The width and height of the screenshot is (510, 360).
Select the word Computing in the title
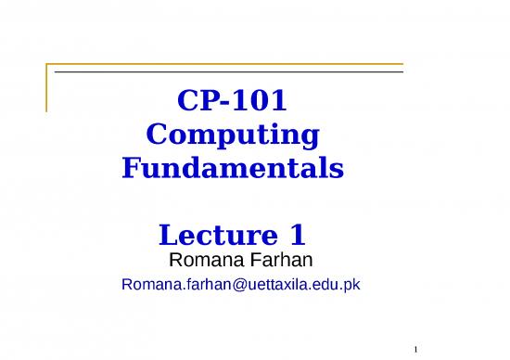click(x=233, y=135)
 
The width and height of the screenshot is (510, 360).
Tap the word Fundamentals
click(x=233, y=170)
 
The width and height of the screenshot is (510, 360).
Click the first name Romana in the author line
click(x=202, y=257)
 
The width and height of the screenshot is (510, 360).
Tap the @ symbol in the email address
click(x=232, y=285)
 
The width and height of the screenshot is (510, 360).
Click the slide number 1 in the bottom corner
click(x=418, y=349)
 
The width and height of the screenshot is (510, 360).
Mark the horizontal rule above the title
click(x=227, y=71)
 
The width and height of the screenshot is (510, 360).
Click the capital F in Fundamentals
click(x=132, y=170)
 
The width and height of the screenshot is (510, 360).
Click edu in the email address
click(x=320, y=285)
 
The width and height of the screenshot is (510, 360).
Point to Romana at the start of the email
click(x=147, y=285)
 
